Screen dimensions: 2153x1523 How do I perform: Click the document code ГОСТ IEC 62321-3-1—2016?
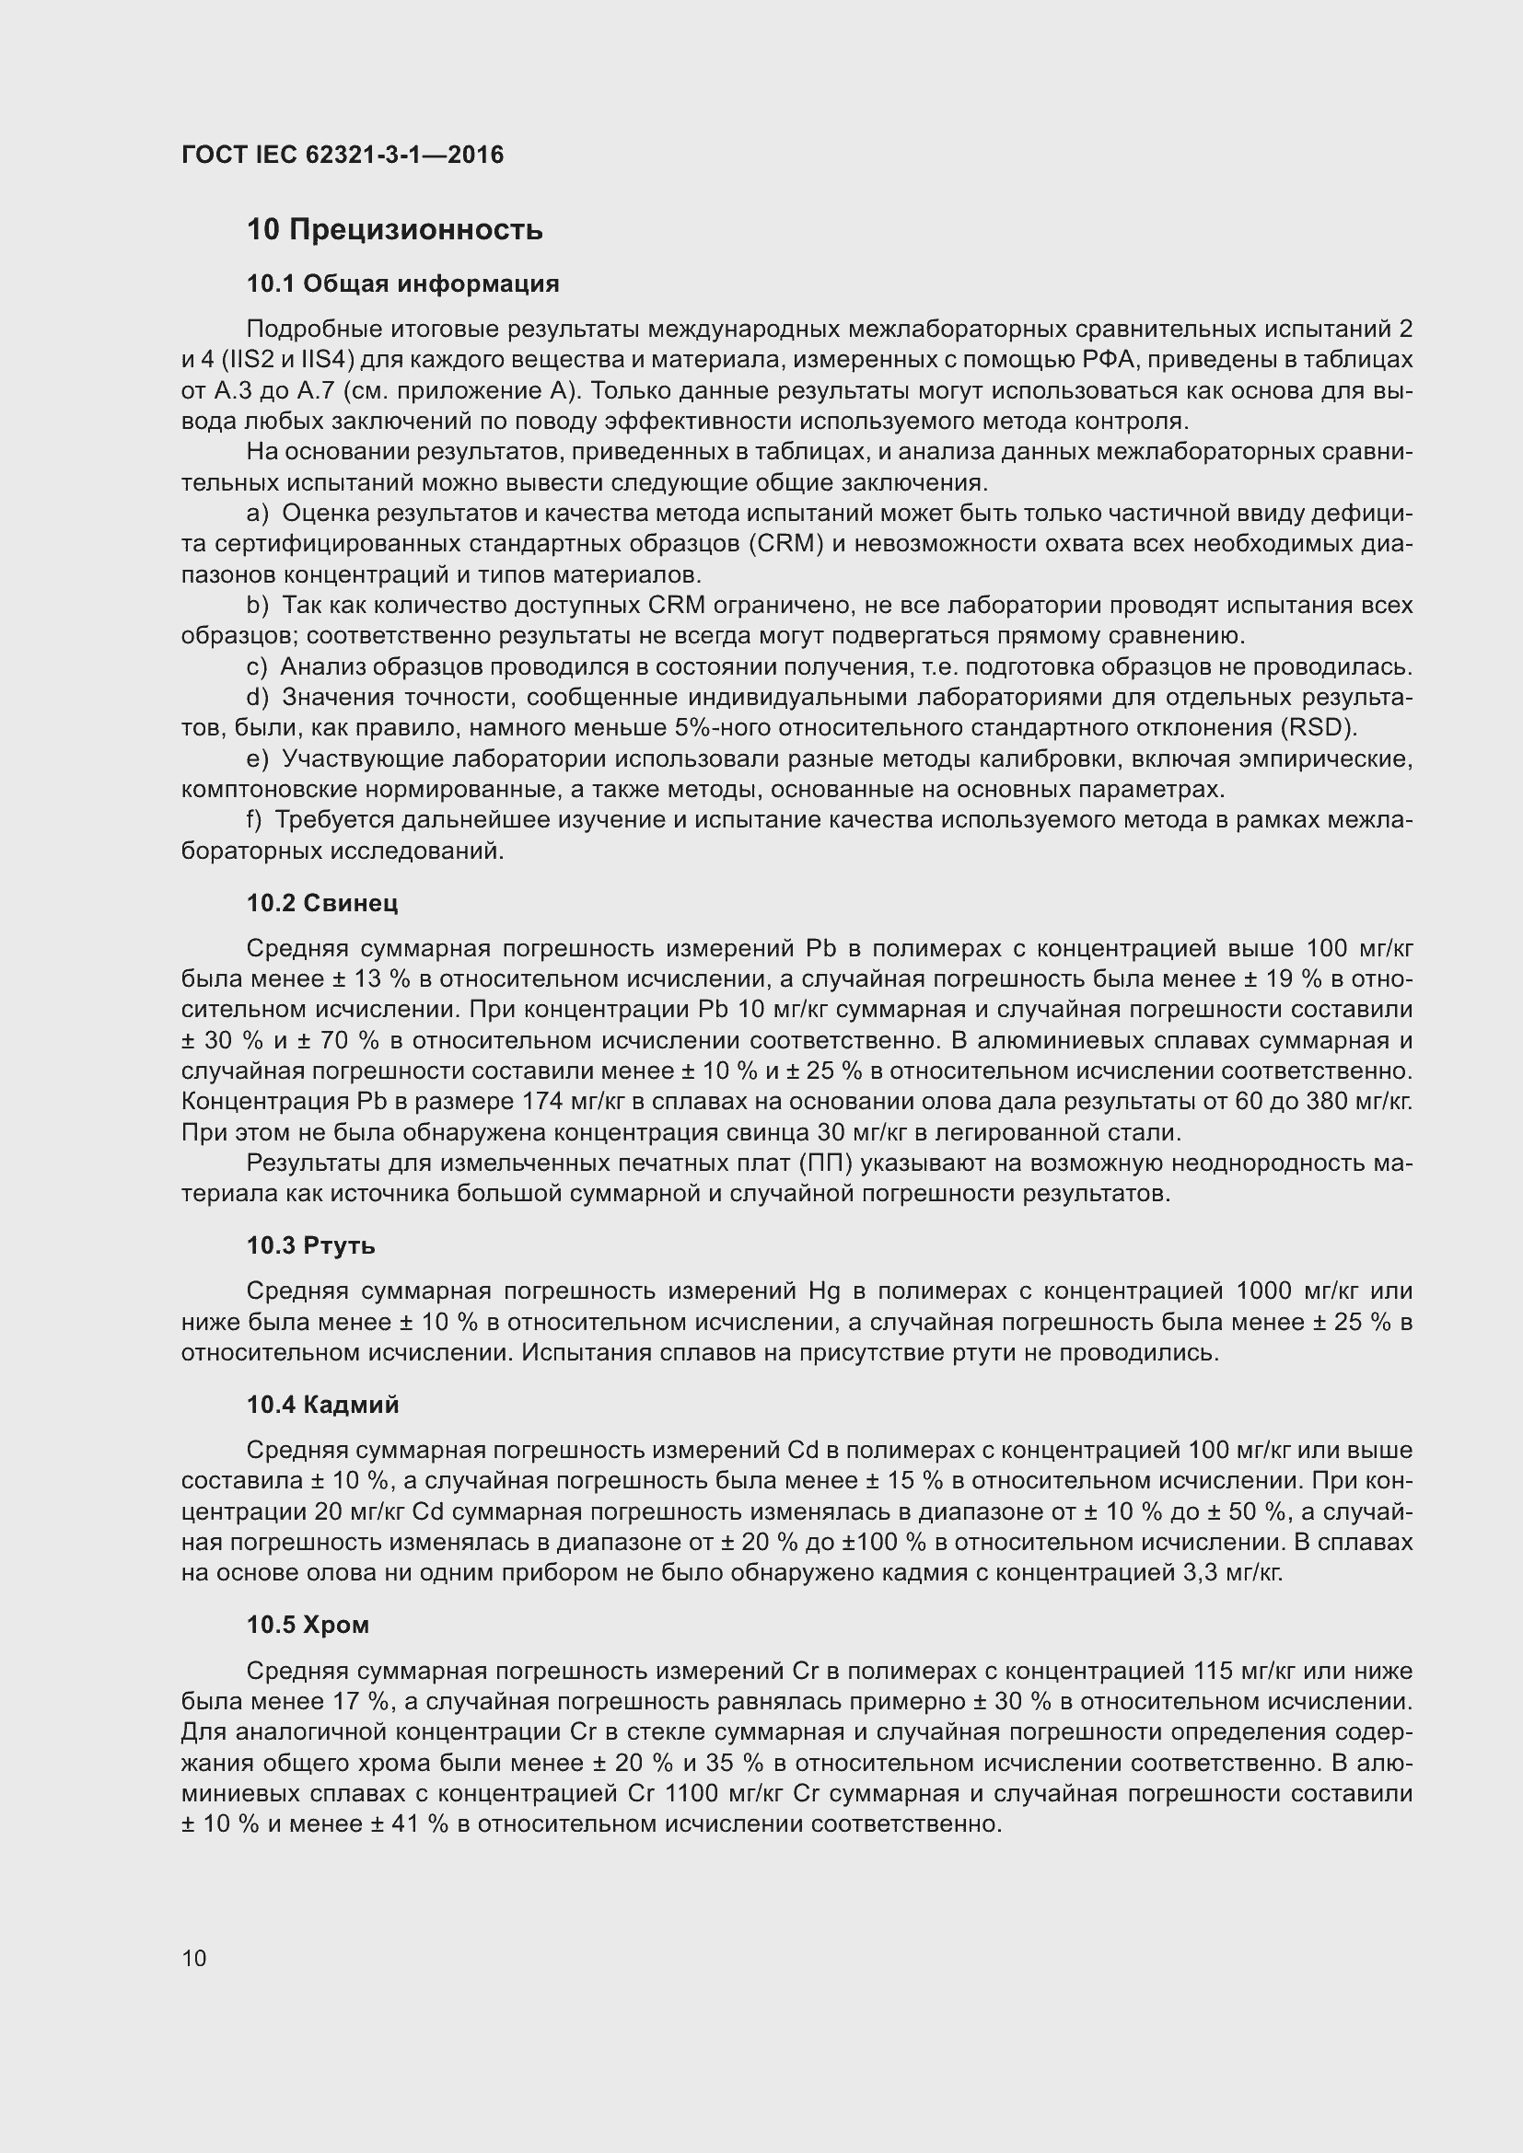[x=343, y=155]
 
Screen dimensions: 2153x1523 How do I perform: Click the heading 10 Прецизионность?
[x=395, y=230]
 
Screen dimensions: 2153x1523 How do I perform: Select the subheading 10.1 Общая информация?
[x=402, y=284]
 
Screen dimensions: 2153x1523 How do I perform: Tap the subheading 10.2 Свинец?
[x=321, y=903]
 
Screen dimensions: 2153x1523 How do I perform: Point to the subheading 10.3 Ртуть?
[x=310, y=1245]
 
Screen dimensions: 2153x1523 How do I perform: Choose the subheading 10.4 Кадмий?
[x=322, y=1405]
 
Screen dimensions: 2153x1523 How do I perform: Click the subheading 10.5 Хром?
[x=308, y=1625]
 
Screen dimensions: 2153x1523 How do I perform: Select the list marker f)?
[x=254, y=820]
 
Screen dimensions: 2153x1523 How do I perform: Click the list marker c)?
[x=256, y=667]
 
